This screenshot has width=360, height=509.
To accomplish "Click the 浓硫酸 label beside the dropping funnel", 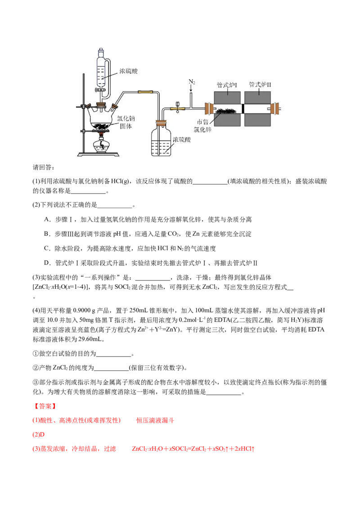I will click(x=128, y=71).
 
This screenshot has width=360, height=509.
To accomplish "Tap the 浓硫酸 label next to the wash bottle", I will click(x=182, y=140).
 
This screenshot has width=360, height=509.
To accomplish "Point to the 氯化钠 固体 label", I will click(x=126, y=122).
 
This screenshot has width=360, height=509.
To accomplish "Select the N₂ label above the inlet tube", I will click(x=192, y=82).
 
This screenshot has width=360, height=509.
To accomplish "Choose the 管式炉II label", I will click(x=260, y=85).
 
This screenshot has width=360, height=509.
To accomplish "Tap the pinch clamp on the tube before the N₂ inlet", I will click(x=179, y=106).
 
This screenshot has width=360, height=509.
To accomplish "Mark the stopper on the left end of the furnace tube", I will click(x=208, y=108).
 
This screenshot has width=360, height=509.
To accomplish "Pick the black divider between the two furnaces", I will click(x=243, y=108).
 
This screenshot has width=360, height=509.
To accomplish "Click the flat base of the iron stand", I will click(x=99, y=155).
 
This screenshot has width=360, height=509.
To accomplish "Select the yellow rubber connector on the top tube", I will click(x=144, y=92).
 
